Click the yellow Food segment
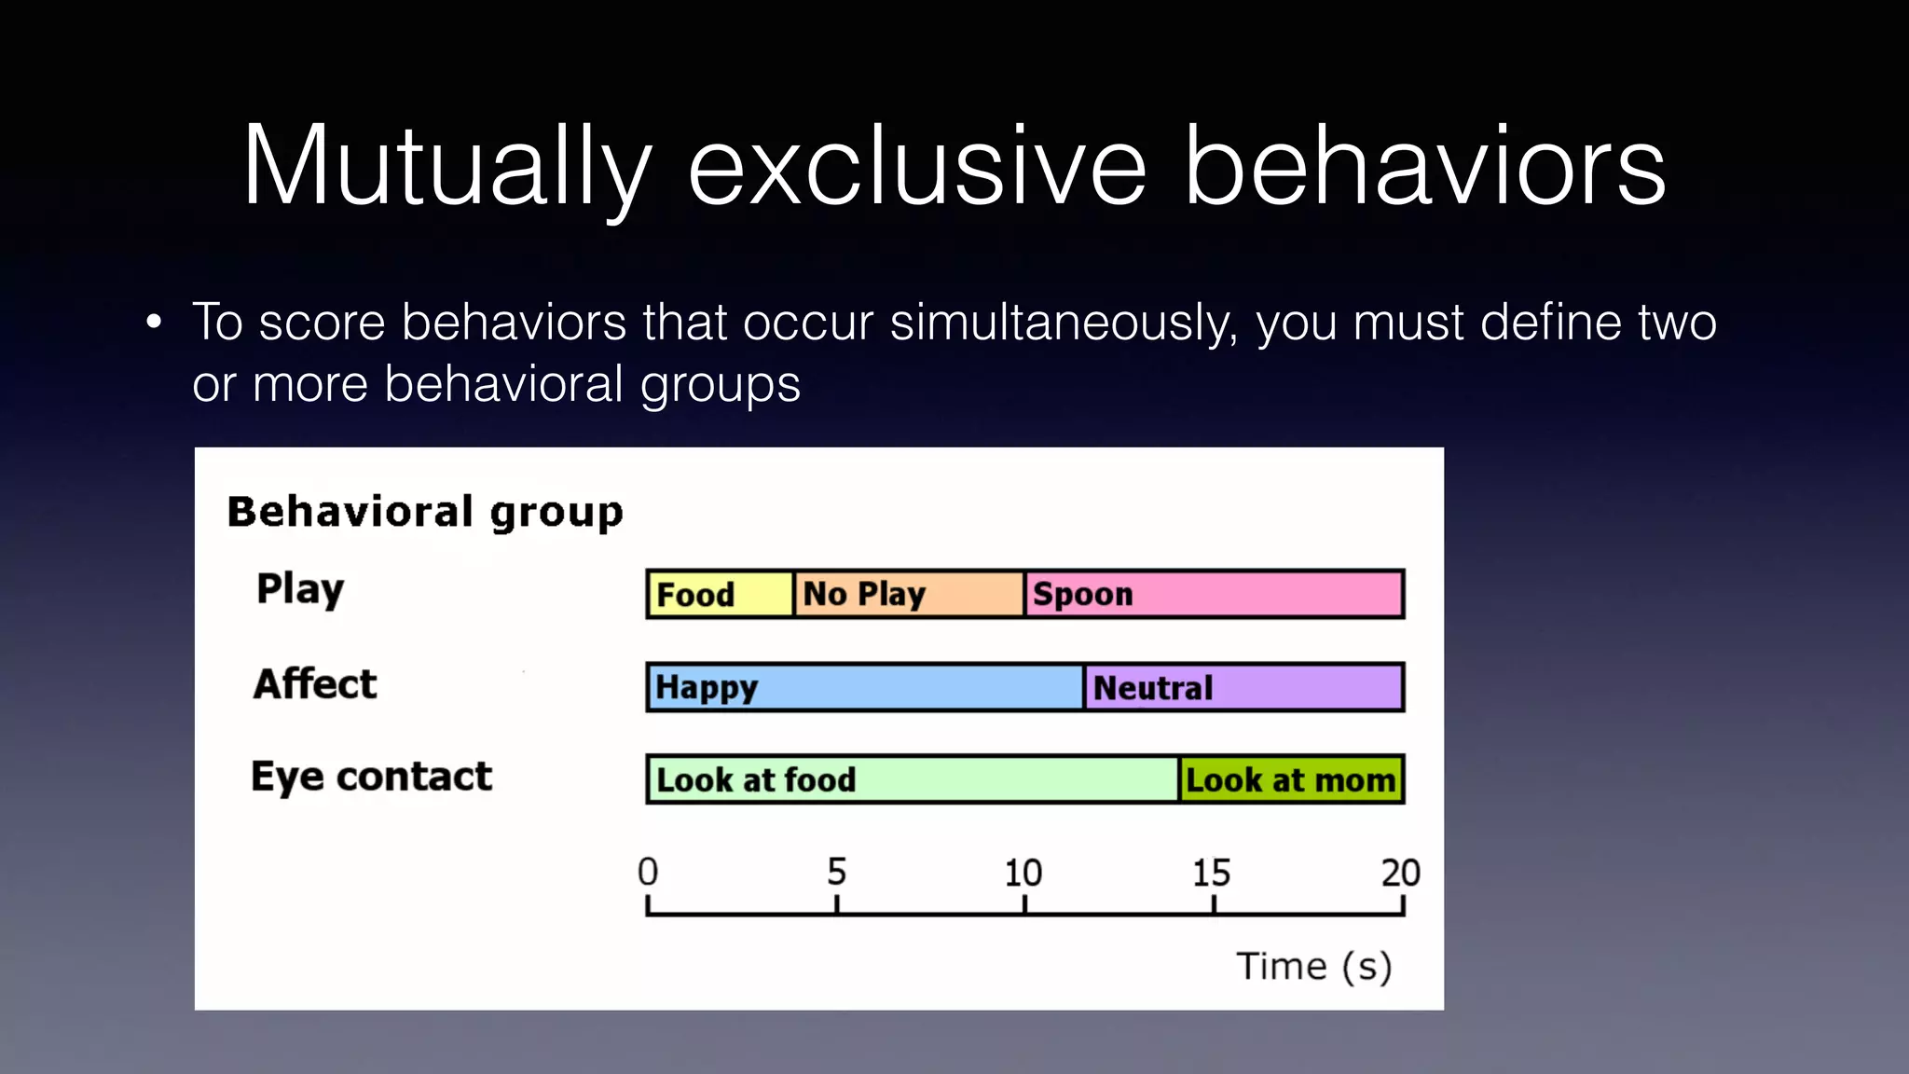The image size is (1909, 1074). pyautogui.click(x=720, y=594)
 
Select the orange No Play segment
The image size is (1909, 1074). pyautogui.click(x=909, y=594)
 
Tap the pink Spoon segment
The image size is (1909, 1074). pyautogui.click(x=1214, y=594)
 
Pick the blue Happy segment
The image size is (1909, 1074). pyautogui.click(x=865, y=687)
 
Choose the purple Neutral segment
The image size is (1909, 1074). pyautogui.click(x=1243, y=687)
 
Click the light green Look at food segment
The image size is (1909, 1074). pyautogui.click(x=913, y=779)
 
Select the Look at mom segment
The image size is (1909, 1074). pyautogui.click(x=1291, y=779)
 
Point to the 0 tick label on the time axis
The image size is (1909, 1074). pyautogui.click(x=648, y=872)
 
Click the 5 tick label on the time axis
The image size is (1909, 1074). pyautogui.click(x=837, y=872)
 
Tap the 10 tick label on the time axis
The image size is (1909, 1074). pyautogui.click(x=1023, y=873)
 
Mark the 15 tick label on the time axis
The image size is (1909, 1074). pyautogui.click(x=1212, y=873)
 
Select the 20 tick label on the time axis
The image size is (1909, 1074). pyautogui.click(x=1400, y=873)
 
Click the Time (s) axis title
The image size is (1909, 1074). pyautogui.click(x=1314, y=967)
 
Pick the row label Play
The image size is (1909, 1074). pyautogui.click(x=300, y=589)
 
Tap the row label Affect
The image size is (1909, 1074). pyautogui.click(x=315, y=683)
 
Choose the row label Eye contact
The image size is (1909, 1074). pyautogui.click(x=371, y=777)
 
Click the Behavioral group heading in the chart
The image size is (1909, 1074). pyautogui.click(x=425, y=512)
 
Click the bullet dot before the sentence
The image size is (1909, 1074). pyautogui.click(x=154, y=323)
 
